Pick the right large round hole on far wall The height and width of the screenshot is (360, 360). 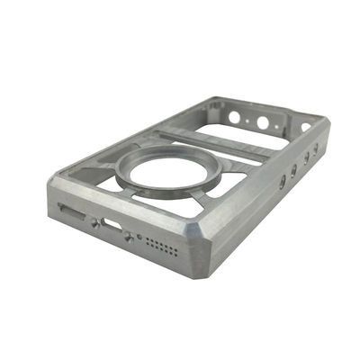[x=263, y=123]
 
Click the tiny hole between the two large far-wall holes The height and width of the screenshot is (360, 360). [x=249, y=120]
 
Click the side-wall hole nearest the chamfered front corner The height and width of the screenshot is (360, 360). [x=282, y=182]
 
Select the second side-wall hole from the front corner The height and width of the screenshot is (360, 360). [x=294, y=169]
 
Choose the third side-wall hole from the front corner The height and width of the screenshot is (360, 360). [x=306, y=157]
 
